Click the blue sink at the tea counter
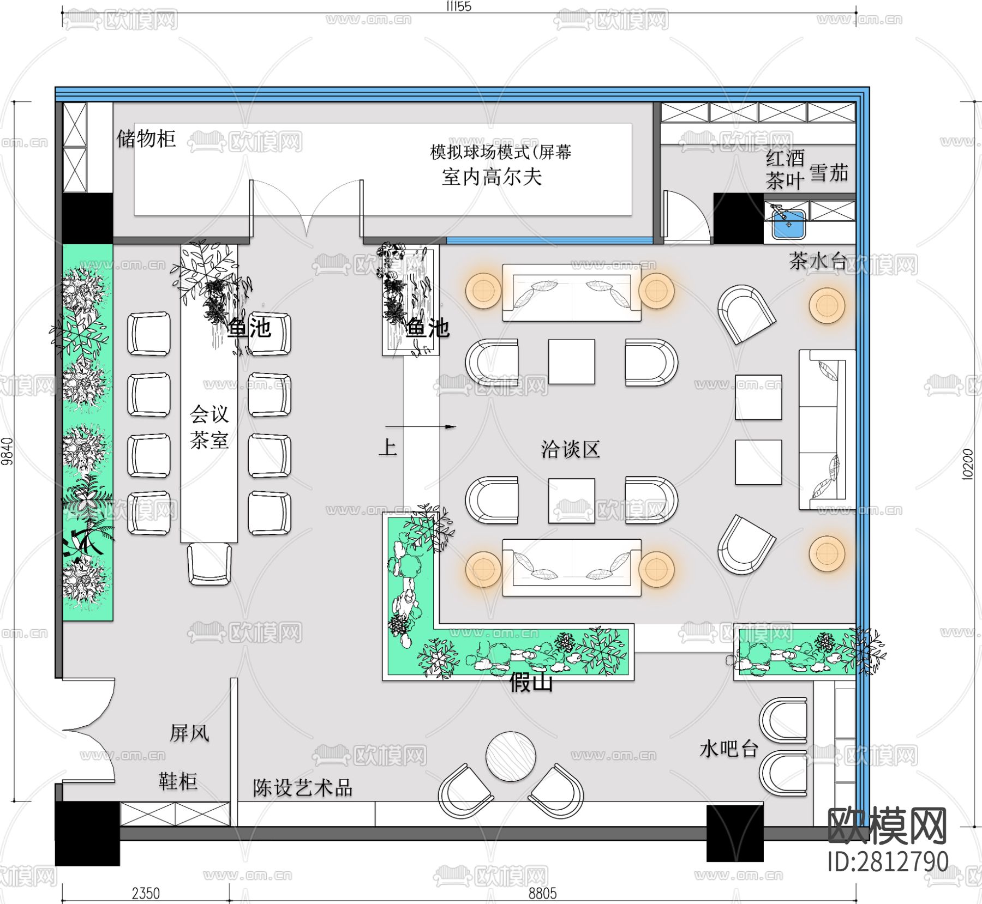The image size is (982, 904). point(788,224)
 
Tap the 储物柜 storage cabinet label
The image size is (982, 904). point(146,138)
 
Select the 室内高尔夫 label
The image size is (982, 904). point(492,177)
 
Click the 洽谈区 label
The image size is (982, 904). point(570,449)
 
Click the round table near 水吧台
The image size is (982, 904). point(511,756)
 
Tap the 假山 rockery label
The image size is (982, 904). point(531,682)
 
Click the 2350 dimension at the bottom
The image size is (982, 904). point(146,894)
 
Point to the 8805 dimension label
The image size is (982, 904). point(542,894)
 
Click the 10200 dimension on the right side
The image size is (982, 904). point(967,463)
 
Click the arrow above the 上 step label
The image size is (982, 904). point(420,427)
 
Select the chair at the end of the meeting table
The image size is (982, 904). point(209,564)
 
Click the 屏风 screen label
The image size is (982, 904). point(189,733)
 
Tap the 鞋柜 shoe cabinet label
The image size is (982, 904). point(178,781)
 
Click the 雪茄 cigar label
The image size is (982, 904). point(829,173)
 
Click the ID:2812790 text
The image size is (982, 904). point(888,862)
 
